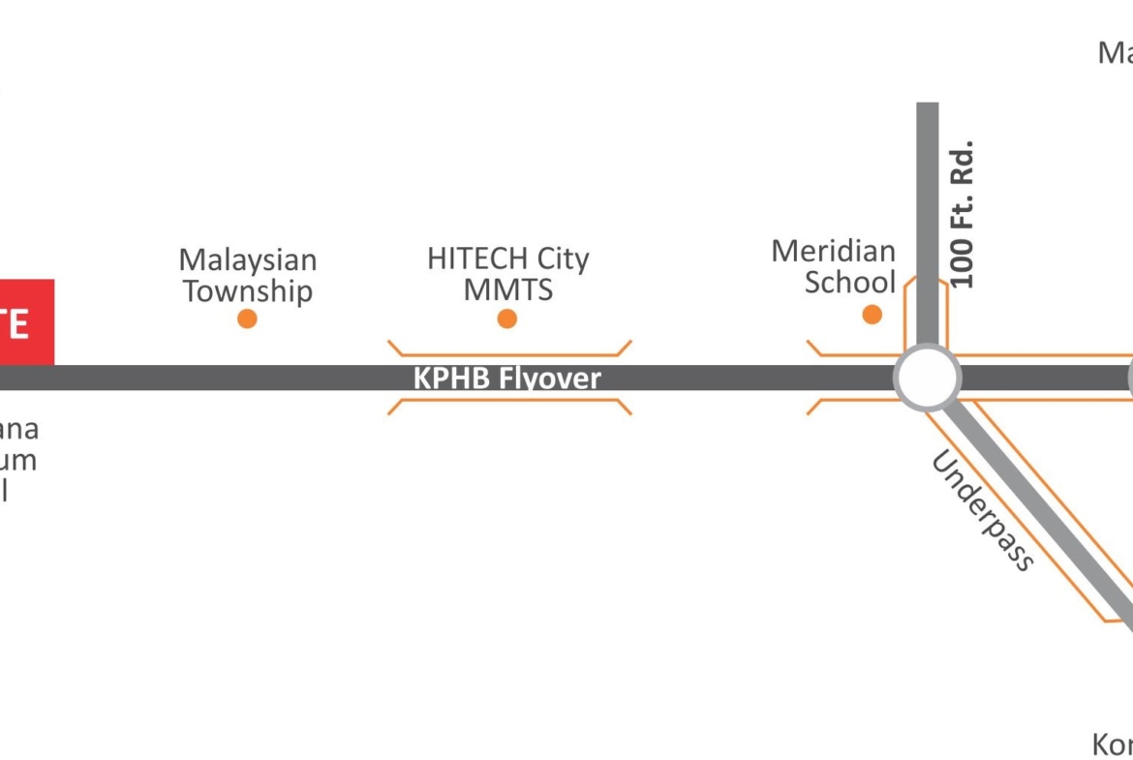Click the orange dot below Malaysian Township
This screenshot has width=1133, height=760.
point(247,319)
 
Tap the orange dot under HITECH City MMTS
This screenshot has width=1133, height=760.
point(506,319)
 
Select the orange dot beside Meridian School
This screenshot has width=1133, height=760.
point(872,314)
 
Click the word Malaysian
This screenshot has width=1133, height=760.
point(247,260)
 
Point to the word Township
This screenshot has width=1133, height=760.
point(248,291)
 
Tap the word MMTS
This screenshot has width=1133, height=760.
point(507,289)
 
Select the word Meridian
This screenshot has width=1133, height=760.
point(833,252)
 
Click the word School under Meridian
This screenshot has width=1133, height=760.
point(849,283)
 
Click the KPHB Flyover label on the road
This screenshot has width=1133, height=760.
point(506,379)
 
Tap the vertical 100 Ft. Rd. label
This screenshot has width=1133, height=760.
point(963,214)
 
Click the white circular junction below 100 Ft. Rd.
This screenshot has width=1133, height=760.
point(927,378)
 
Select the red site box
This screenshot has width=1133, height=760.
point(26,322)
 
